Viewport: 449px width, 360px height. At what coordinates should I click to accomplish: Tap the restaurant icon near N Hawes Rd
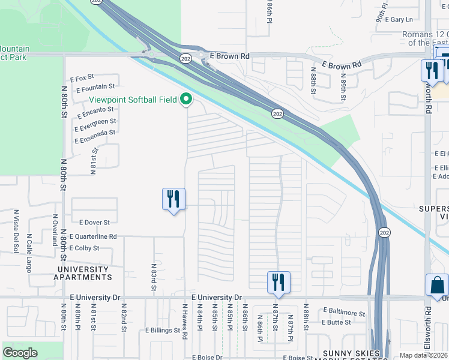pos(173,199)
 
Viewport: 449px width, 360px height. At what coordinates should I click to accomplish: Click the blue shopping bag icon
pos(437,286)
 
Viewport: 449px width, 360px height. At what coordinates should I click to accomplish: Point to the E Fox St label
pos(82,79)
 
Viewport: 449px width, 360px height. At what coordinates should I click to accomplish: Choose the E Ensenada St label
pos(95,136)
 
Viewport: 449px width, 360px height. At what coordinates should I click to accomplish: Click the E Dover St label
pos(92,223)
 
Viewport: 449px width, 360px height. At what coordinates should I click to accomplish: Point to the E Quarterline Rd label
pos(93,237)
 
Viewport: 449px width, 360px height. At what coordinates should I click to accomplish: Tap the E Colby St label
pos(84,248)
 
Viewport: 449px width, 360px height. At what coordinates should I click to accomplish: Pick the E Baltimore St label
pos(344,313)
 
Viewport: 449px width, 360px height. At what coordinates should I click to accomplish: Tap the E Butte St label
pos(336,322)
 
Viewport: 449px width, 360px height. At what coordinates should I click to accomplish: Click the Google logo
pos(20,353)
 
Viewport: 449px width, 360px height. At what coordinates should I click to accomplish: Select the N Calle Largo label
pos(28,252)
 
